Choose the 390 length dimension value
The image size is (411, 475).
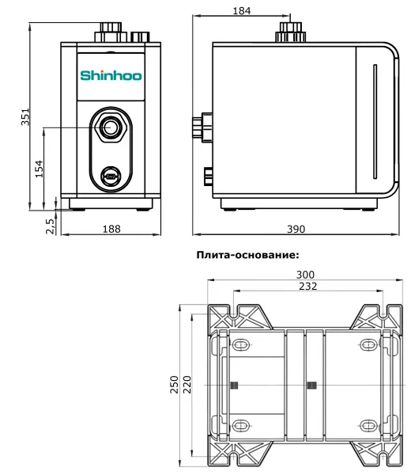click(295, 229)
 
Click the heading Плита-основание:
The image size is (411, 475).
click(246, 255)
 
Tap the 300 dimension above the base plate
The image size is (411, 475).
click(305, 275)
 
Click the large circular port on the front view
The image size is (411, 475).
click(111, 127)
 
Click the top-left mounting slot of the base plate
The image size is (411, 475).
click(240, 345)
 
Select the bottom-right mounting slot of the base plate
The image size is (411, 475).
click(368, 425)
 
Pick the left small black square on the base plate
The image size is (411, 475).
click(234, 386)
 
